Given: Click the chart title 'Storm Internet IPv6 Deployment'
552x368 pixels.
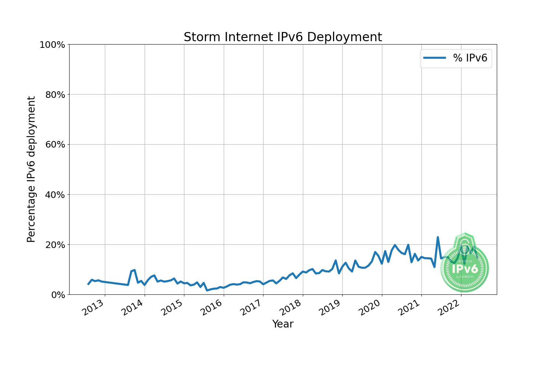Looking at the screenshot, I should [x=283, y=37].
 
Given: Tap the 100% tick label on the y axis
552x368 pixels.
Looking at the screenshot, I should [x=52, y=45].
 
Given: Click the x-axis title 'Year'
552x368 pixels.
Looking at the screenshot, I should [x=283, y=324].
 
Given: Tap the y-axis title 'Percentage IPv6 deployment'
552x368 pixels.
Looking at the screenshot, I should [x=31, y=169].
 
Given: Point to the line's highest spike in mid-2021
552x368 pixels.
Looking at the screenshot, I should [x=438, y=237].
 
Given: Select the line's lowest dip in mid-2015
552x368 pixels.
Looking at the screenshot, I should [x=207, y=290].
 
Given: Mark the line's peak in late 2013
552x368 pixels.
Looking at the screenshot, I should [x=134, y=270].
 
